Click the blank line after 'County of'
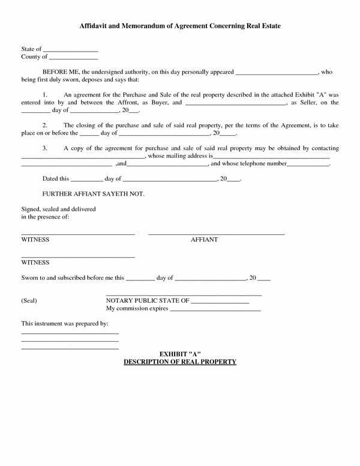(73, 58)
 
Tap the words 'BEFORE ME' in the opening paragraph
(58, 72)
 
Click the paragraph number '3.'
(46, 148)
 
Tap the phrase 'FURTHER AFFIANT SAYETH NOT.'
(94, 194)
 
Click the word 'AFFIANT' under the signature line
(204, 240)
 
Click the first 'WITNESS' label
(35, 240)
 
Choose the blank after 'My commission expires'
(215, 310)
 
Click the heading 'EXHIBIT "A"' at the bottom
(179, 354)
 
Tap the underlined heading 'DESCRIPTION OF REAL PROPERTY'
(179, 362)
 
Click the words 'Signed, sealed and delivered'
(58, 208)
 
